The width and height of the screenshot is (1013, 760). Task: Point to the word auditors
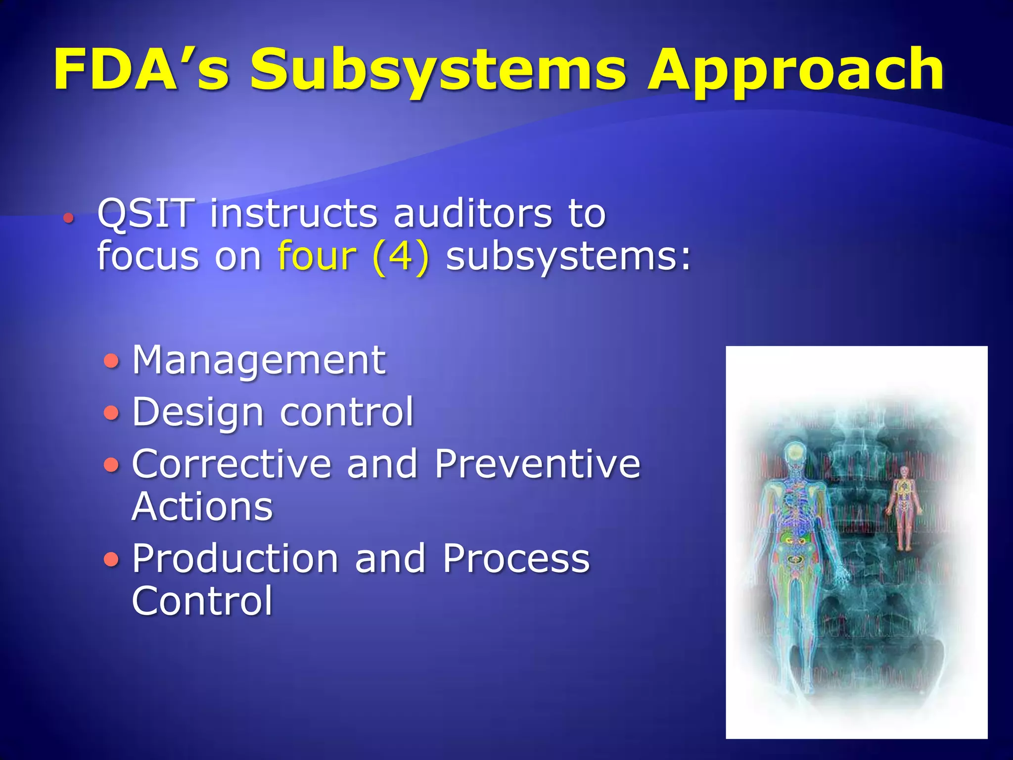click(x=472, y=214)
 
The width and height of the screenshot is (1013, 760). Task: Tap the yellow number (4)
click(x=401, y=257)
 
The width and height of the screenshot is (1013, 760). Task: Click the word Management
click(x=259, y=360)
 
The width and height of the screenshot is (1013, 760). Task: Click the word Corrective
click(x=231, y=464)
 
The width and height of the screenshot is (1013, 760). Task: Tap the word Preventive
click(x=537, y=464)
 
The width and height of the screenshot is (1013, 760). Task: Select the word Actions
click(x=202, y=507)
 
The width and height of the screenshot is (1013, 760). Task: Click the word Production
click(x=235, y=558)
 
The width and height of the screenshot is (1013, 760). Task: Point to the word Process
click(x=516, y=558)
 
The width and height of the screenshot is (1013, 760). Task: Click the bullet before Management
click(x=112, y=361)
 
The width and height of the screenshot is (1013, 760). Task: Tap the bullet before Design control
click(x=112, y=412)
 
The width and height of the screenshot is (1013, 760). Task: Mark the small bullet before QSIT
click(x=68, y=217)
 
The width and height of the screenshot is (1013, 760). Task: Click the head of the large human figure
click(x=795, y=453)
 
